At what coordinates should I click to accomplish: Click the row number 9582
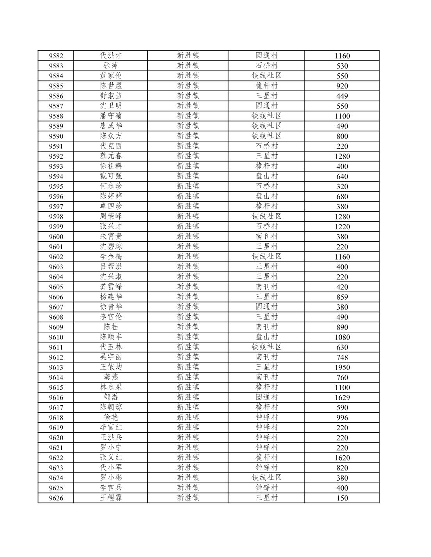tap(56, 56)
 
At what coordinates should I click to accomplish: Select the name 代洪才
tap(111, 55)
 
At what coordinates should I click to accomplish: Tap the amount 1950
tap(342, 367)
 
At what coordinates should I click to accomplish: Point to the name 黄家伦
tap(111, 76)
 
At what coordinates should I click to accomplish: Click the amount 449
tap(342, 96)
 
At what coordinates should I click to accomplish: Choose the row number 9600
tap(56, 237)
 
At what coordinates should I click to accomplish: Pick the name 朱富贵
tap(111, 236)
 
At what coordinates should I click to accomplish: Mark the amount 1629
tap(342, 398)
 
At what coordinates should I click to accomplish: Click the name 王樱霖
tap(111, 498)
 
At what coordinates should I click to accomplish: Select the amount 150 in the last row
tap(342, 498)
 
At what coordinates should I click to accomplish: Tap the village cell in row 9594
tap(266, 176)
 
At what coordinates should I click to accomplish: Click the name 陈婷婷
tap(111, 196)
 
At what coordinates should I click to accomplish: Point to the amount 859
tap(342, 297)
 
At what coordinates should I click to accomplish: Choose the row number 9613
tap(56, 367)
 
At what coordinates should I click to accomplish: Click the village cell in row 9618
tap(266, 417)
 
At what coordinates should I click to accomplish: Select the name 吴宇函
tap(111, 357)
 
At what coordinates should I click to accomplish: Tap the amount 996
tap(342, 417)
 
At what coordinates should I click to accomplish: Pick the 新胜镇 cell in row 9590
tap(188, 136)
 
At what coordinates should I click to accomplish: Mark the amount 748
tap(342, 357)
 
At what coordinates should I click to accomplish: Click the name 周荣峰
tap(111, 216)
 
